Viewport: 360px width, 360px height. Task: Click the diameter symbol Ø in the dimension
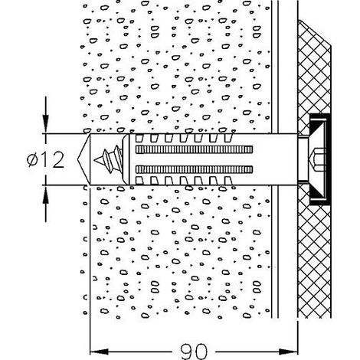[x=32, y=160]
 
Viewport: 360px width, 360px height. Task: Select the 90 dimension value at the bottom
[x=194, y=352]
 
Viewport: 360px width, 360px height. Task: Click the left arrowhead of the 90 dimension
[x=100, y=352]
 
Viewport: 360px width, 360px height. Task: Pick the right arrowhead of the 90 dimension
[x=288, y=352]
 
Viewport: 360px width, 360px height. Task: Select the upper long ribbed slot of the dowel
[x=194, y=149]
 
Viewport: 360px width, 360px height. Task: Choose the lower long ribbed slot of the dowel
[x=194, y=169]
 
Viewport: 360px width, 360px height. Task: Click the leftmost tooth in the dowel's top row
[x=139, y=138]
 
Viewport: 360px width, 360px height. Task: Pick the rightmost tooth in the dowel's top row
[x=228, y=138]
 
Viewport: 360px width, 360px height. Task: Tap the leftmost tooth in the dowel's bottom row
[x=139, y=181]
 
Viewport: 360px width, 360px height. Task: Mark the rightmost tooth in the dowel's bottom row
[x=228, y=181]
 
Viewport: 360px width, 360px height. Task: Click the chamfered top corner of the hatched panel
[x=315, y=33]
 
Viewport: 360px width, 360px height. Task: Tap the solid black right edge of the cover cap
[x=329, y=159]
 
